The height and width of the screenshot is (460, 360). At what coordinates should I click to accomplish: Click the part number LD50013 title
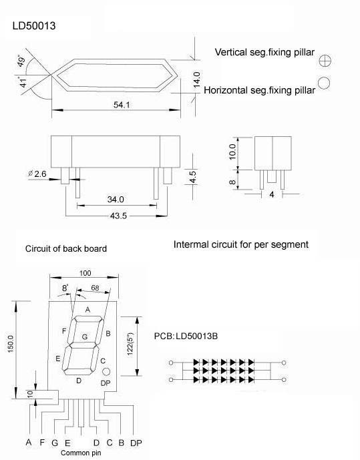click(x=34, y=26)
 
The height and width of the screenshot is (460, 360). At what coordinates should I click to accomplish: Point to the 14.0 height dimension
click(x=196, y=79)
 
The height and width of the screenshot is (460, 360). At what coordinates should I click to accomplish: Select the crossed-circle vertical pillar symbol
click(x=325, y=60)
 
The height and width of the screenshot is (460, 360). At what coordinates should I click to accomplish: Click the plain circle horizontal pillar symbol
click(x=325, y=83)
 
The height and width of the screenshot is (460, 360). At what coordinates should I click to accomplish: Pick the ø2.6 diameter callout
click(x=37, y=174)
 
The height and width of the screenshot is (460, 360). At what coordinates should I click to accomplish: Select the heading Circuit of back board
click(x=66, y=249)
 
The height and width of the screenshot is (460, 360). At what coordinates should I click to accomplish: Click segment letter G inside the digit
click(x=85, y=337)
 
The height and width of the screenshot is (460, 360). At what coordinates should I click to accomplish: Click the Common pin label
click(x=80, y=453)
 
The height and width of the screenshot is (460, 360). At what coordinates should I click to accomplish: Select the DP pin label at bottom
click(x=136, y=443)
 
